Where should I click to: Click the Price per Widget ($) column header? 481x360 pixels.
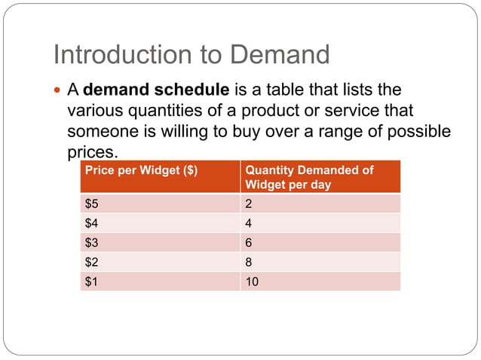pos(142,170)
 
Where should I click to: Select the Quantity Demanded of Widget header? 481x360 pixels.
pos(308,177)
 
